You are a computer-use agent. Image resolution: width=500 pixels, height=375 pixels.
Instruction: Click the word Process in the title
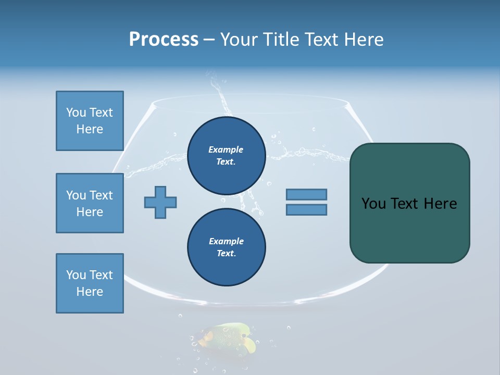point(164,40)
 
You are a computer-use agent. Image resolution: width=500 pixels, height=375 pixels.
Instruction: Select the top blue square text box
point(90,121)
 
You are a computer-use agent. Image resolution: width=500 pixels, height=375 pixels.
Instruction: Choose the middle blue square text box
point(90,203)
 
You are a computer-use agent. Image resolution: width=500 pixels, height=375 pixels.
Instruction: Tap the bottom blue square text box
point(90,283)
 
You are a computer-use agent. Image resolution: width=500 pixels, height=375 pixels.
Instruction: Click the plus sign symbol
point(160,202)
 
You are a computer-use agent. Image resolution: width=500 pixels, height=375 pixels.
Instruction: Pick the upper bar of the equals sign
point(307,194)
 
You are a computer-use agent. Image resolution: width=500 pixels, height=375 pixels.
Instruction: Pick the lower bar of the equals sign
point(307,209)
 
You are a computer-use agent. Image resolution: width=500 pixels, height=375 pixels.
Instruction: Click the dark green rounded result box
point(409,229)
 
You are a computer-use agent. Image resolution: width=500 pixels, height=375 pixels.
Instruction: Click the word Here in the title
point(365,40)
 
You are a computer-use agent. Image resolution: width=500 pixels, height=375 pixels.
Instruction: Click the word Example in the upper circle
point(226,150)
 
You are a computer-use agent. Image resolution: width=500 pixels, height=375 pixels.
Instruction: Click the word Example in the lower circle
point(226,242)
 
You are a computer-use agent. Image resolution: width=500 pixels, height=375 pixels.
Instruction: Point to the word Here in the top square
point(90,129)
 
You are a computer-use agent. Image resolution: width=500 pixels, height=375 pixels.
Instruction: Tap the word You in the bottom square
point(76,275)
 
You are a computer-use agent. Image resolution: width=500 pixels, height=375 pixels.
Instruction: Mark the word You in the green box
point(373,204)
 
